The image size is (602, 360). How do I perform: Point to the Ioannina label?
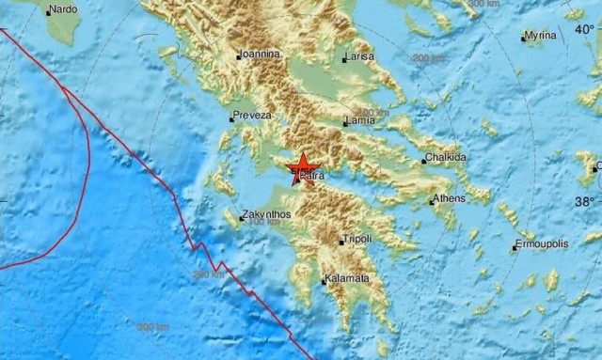pos(259,54)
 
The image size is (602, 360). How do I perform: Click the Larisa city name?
pos(361,57)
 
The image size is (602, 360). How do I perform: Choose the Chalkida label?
pos(445,158)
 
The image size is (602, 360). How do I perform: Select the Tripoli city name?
pos(359,239)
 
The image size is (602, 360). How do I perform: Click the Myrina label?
pos(541,36)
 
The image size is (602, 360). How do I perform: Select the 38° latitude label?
pos(584,202)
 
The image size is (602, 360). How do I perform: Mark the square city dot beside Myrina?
pos(523,38)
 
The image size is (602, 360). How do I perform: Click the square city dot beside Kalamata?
pos(324,279)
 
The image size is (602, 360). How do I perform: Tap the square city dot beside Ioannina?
pos(238,55)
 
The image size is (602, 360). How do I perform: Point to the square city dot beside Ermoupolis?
pos(515,247)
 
